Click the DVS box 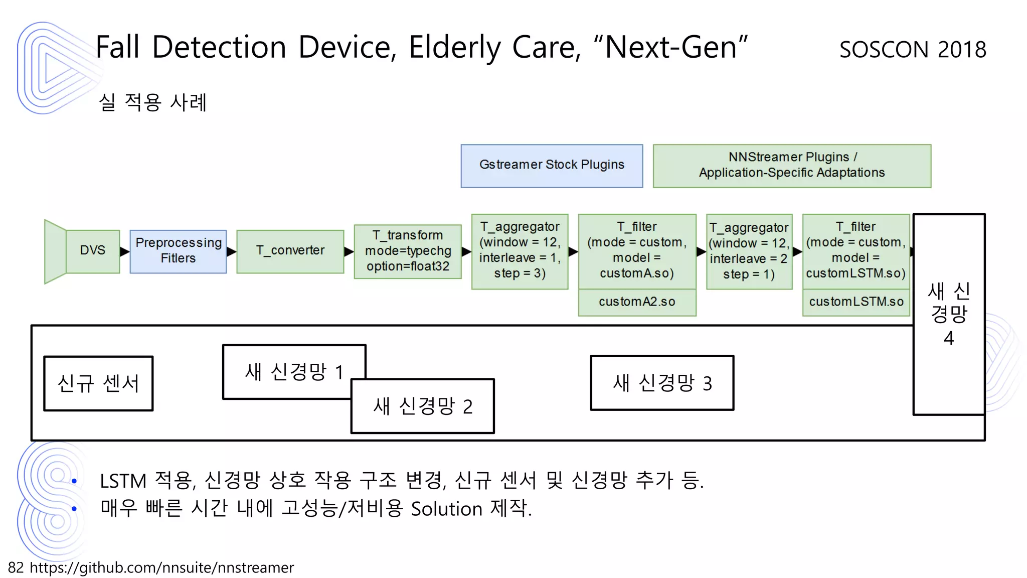93,251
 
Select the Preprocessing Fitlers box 178,251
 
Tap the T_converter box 290,251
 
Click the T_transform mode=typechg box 407,251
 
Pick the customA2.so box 637,302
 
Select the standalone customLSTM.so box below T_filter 856,302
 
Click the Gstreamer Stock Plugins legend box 552,166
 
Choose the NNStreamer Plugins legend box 791,166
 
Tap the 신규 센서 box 98,384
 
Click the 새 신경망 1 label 294,372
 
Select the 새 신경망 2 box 423,406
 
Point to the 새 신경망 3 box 662,383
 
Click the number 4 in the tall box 948,339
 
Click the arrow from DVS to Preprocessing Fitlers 124,251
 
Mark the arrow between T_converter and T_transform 349,251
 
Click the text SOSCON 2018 913,50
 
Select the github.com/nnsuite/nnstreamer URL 161,567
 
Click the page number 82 16,567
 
